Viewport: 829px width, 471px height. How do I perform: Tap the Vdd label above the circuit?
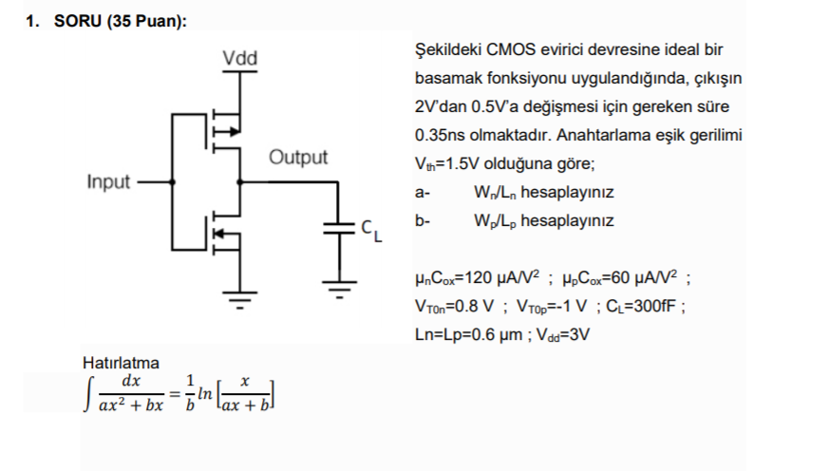click(x=239, y=59)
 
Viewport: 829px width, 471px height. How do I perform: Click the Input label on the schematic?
click(x=109, y=181)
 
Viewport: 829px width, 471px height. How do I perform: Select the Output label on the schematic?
click(x=297, y=157)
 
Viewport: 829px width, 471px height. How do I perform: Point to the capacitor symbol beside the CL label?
click(x=338, y=228)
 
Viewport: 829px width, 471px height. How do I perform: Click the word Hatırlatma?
click(x=122, y=363)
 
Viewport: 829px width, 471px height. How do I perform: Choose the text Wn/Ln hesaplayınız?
click(x=542, y=192)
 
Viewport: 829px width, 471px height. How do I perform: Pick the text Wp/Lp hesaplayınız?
click(x=542, y=220)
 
